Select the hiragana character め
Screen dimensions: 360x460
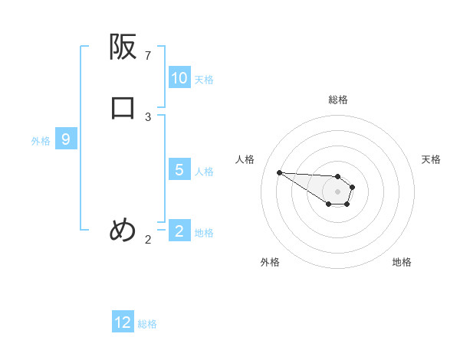[x=123, y=230]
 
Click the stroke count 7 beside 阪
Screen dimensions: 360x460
[x=148, y=56]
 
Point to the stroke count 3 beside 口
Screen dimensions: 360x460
[x=148, y=117]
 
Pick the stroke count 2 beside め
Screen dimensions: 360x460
[x=148, y=240]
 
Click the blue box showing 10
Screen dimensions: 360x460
[x=179, y=78]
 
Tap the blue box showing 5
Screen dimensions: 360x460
[x=179, y=170]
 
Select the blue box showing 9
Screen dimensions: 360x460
[x=66, y=140]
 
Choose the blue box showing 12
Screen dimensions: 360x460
[x=123, y=322]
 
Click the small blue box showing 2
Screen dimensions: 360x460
[x=179, y=231]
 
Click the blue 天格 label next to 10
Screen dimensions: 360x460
[x=204, y=80]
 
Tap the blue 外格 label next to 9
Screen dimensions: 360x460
[x=41, y=141]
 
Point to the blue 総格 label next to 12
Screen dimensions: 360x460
[x=147, y=324]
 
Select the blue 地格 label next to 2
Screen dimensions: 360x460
[x=204, y=233]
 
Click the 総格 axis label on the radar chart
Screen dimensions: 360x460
[x=338, y=100]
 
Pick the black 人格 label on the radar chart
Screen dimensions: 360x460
[x=245, y=159]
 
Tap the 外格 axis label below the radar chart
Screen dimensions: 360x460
[x=270, y=262]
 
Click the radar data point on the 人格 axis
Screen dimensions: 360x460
[x=280, y=172]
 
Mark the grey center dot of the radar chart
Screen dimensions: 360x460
[x=338, y=191]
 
